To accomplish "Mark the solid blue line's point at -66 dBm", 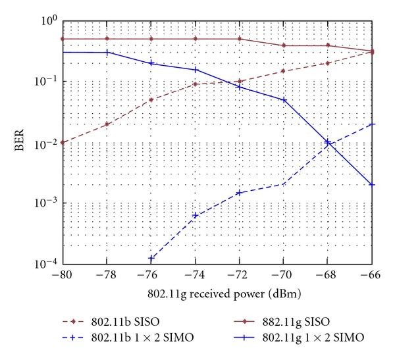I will pyautogui.click(x=373, y=185).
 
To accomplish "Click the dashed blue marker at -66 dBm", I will pyautogui.click(x=373, y=124).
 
